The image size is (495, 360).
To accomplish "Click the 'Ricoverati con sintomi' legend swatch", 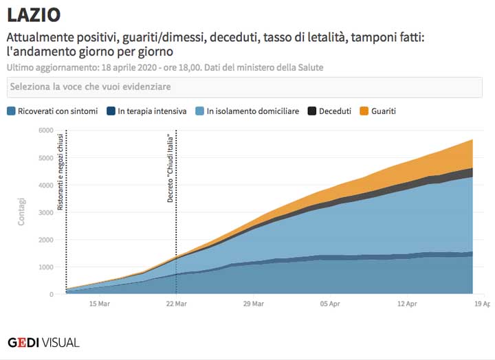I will click(x=11, y=111).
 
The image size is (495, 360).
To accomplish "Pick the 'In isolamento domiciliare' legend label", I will click(x=252, y=111).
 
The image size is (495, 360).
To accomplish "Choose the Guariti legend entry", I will click(x=384, y=111).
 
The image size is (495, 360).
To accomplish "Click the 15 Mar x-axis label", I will click(x=100, y=304).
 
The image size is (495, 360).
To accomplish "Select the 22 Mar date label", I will click(x=176, y=304).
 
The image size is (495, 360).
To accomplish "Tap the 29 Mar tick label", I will click(x=254, y=304).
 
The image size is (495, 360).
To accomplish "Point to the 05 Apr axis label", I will click(x=331, y=304).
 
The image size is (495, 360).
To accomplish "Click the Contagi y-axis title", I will click(x=21, y=212).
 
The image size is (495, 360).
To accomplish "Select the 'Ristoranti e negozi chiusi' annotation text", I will click(x=61, y=171).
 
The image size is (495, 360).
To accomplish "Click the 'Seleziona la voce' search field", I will click(x=245, y=87).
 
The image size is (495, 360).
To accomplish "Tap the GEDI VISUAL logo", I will click(x=43, y=341).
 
